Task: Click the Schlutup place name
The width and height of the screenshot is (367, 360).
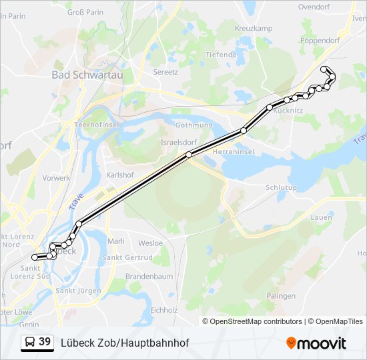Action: point(281,188)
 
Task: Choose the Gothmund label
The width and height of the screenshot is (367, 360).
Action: point(194,125)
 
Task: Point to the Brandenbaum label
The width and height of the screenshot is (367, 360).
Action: point(149,276)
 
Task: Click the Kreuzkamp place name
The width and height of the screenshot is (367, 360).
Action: point(254,28)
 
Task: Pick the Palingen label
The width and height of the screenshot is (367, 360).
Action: point(281,296)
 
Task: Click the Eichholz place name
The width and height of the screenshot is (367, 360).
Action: point(164,310)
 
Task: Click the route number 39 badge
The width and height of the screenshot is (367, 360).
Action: point(45,342)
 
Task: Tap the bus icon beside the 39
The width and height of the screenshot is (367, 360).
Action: point(30,343)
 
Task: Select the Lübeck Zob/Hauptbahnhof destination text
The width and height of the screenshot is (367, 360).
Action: point(125,343)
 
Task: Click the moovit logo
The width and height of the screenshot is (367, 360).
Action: point(316,343)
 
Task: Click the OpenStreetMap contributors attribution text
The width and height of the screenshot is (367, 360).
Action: point(256,321)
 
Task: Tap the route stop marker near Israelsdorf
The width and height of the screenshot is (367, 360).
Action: point(189,155)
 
